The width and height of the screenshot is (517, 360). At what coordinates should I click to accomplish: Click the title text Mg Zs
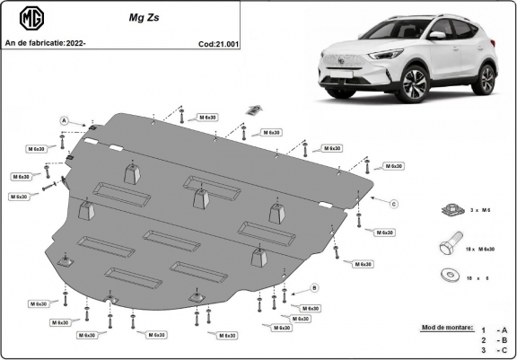tap(127, 14)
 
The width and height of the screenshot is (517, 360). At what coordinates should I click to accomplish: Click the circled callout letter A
tap(65, 119)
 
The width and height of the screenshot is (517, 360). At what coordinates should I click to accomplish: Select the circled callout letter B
tap(314, 287)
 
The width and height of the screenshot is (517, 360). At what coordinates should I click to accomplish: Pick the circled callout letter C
tap(393, 204)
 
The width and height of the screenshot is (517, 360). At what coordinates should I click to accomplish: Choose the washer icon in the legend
tap(445, 275)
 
